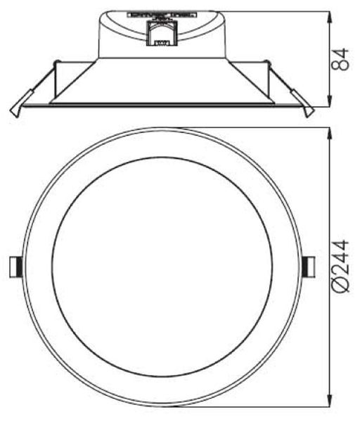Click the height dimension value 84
[x=341, y=59]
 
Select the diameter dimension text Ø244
[x=341, y=267]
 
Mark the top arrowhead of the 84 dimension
[x=331, y=14]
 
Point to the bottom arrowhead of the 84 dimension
[x=331, y=103]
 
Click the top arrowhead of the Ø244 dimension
[x=330, y=132]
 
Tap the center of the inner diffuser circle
[x=161, y=267]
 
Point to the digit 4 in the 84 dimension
[x=341, y=53]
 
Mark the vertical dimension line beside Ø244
[x=330, y=211]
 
